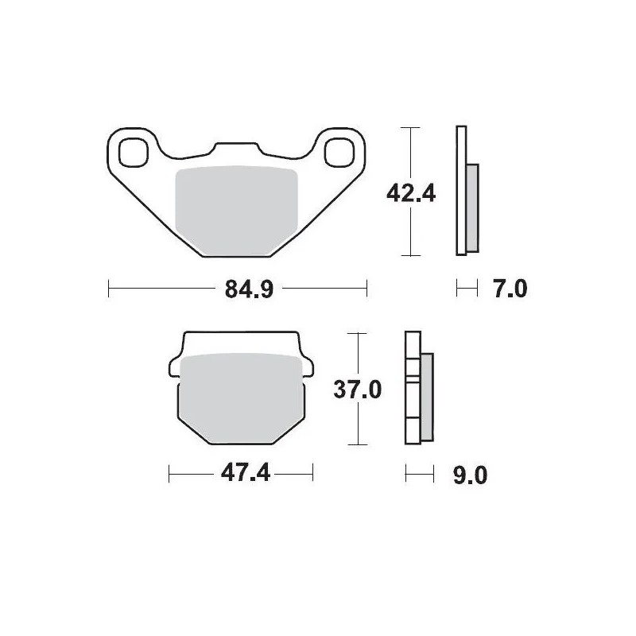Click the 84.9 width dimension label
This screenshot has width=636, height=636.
pos(237,289)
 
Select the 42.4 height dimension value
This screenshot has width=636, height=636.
pos(409,192)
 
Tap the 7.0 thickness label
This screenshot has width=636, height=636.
pos(510,289)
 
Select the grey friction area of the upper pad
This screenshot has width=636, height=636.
pos(235,210)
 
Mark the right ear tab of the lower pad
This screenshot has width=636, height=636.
pos(306,364)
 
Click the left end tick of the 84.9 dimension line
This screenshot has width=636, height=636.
pos(108,289)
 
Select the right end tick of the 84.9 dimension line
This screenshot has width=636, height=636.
pos(366,289)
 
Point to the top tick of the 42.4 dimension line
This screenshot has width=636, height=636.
pos(409,128)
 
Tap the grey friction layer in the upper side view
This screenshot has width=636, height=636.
pos(472,207)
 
